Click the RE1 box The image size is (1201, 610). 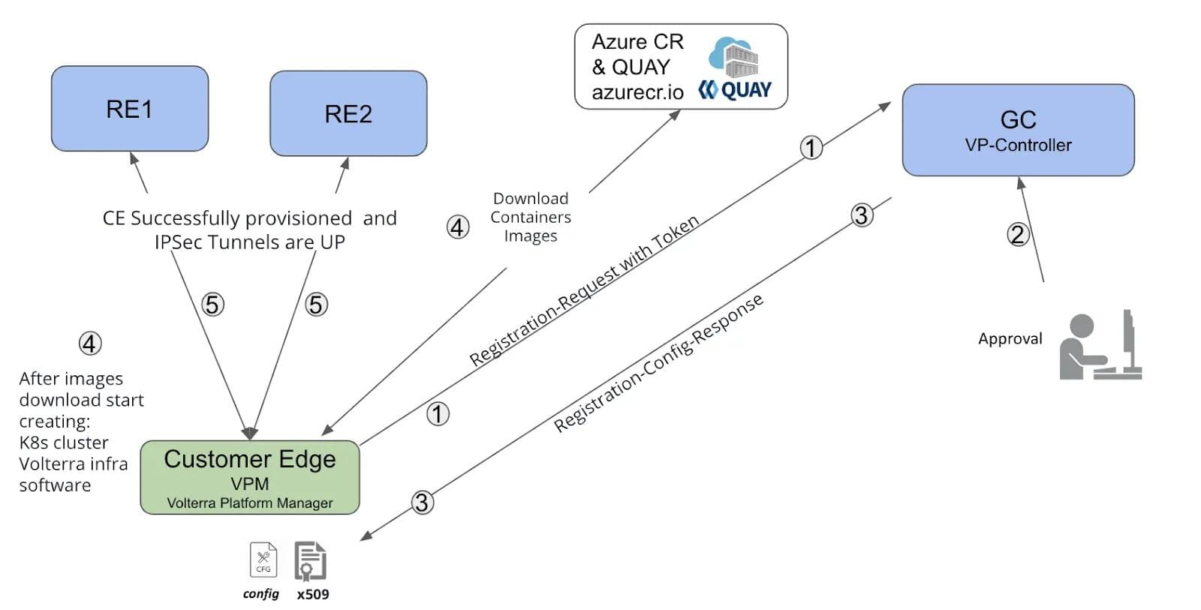[129, 109]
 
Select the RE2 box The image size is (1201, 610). [348, 113]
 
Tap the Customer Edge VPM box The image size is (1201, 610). [250, 477]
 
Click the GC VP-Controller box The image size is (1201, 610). [1018, 130]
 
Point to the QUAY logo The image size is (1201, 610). [736, 90]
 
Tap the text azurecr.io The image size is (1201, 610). [637, 92]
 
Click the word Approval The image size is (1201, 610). [1010, 338]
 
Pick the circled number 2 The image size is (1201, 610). [1017, 234]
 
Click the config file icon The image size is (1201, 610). [263, 560]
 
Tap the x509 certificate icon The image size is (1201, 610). [311, 560]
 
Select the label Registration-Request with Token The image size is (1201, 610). [584, 290]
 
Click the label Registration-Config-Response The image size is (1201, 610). [658, 362]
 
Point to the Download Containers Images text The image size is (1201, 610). [530, 217]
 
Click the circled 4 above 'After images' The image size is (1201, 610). [90, 343]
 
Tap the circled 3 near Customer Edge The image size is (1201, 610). [422, 502]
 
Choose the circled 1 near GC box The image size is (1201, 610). [811, 147]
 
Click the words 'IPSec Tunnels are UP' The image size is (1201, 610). [249, 242]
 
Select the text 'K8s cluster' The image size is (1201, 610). [64, 443]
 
